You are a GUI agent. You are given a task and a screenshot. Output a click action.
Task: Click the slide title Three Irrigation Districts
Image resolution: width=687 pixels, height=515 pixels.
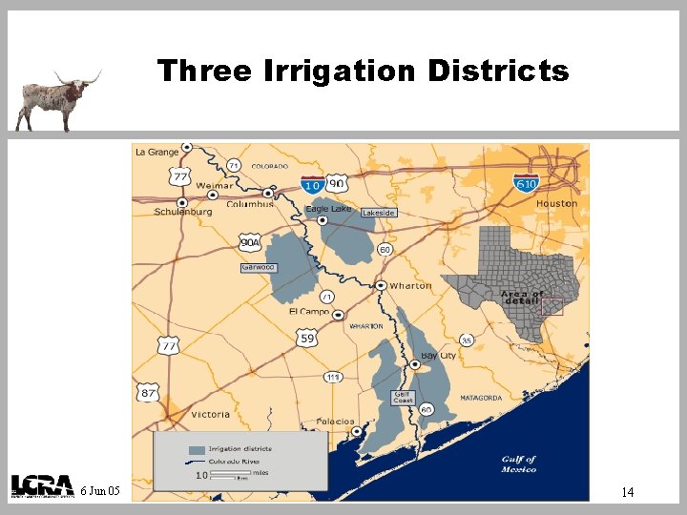pos(363,71)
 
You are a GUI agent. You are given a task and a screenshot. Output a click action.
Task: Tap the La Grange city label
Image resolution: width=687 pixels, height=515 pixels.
pos(156,152)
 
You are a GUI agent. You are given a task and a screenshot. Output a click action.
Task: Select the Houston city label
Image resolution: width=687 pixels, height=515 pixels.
pos(556,203)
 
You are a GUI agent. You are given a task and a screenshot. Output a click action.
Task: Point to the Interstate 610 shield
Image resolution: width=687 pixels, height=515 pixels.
pos(527,182)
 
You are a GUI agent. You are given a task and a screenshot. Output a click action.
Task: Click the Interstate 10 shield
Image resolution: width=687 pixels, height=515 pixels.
pos(311,184)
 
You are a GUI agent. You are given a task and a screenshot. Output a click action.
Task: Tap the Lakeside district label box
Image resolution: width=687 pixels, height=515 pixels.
pos(379,213)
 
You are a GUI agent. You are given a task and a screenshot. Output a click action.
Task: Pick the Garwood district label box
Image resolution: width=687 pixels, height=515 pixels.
pos(258,267)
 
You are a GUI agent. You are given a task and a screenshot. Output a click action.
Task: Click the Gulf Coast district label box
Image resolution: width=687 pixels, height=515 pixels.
pos(404,397)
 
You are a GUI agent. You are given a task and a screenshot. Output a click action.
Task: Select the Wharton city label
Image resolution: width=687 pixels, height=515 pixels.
pos(410,285)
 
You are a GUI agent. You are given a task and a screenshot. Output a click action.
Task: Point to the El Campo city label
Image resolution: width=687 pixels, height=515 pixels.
pos(308,312)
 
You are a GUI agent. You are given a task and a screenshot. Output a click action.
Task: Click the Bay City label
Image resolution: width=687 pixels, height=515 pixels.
pos(439,356)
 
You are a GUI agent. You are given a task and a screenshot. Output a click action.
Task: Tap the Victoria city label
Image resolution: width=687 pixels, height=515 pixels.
pos(210,414)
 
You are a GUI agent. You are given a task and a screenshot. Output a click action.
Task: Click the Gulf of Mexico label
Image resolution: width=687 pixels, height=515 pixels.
pos(519,463)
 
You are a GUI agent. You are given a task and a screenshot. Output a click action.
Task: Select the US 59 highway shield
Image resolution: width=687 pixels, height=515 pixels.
pos(307,338)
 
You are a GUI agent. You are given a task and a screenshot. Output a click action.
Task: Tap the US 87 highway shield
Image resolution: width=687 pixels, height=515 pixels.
pos(148,392)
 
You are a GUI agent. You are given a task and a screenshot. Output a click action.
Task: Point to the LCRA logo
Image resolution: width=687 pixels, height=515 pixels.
pos(42,485)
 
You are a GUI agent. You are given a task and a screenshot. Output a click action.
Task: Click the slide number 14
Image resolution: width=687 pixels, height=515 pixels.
pos(628,492)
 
